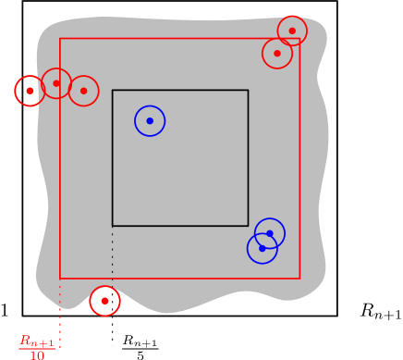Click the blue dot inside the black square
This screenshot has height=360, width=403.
point(150,121)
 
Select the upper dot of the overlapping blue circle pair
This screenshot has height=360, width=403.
point(270,233)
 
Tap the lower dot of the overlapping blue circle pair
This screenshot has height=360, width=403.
point(263,248)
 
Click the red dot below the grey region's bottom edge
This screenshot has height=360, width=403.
point(104,301)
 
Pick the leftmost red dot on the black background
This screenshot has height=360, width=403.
point(30,91)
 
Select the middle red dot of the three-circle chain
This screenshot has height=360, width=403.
point(56,83)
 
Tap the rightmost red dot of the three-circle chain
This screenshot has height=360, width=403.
point(83,91)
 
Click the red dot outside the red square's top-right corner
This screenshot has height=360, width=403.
point(292,31)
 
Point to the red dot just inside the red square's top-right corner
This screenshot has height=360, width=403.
point(277,54)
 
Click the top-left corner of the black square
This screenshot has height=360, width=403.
point(113,91)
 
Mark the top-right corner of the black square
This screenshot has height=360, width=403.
point(248,91)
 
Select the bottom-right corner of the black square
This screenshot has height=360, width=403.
point(248,225)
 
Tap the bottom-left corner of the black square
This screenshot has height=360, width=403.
point(113,225)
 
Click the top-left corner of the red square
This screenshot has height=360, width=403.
point(60,39)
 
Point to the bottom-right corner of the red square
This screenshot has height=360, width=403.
point(299,278)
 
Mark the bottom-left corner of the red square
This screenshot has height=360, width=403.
point(60,278)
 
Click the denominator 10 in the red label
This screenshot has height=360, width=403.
point(37,355)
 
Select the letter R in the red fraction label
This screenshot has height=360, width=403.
point(26,341)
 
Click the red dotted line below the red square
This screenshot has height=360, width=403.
point(60,315)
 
